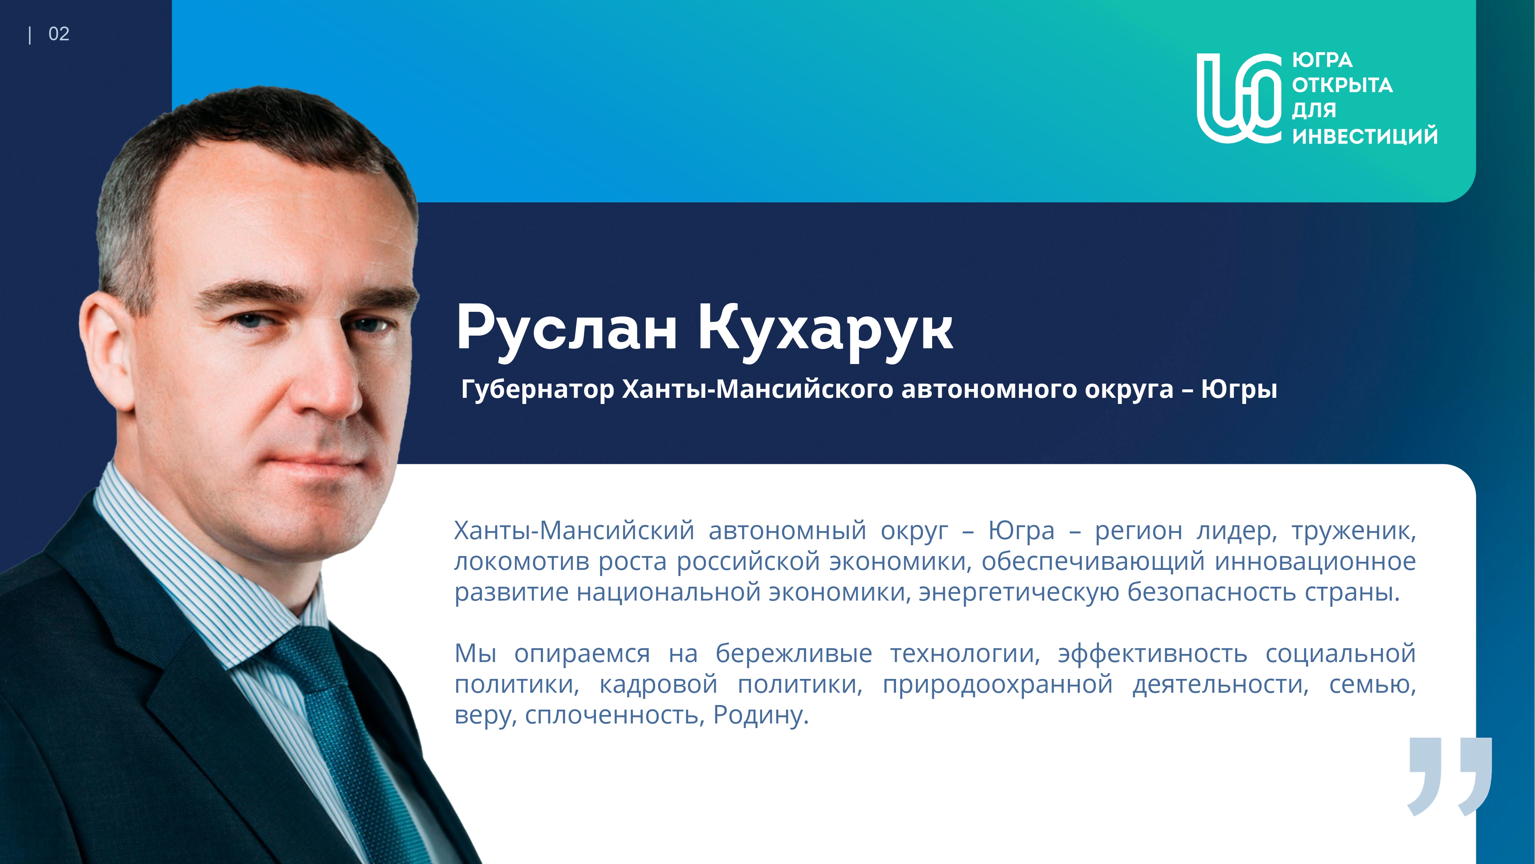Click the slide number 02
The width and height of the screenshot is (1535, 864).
58,34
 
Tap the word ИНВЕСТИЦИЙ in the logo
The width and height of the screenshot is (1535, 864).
1365,136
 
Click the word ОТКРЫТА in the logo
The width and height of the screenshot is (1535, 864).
1342,85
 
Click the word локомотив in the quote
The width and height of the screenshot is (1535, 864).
522,562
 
